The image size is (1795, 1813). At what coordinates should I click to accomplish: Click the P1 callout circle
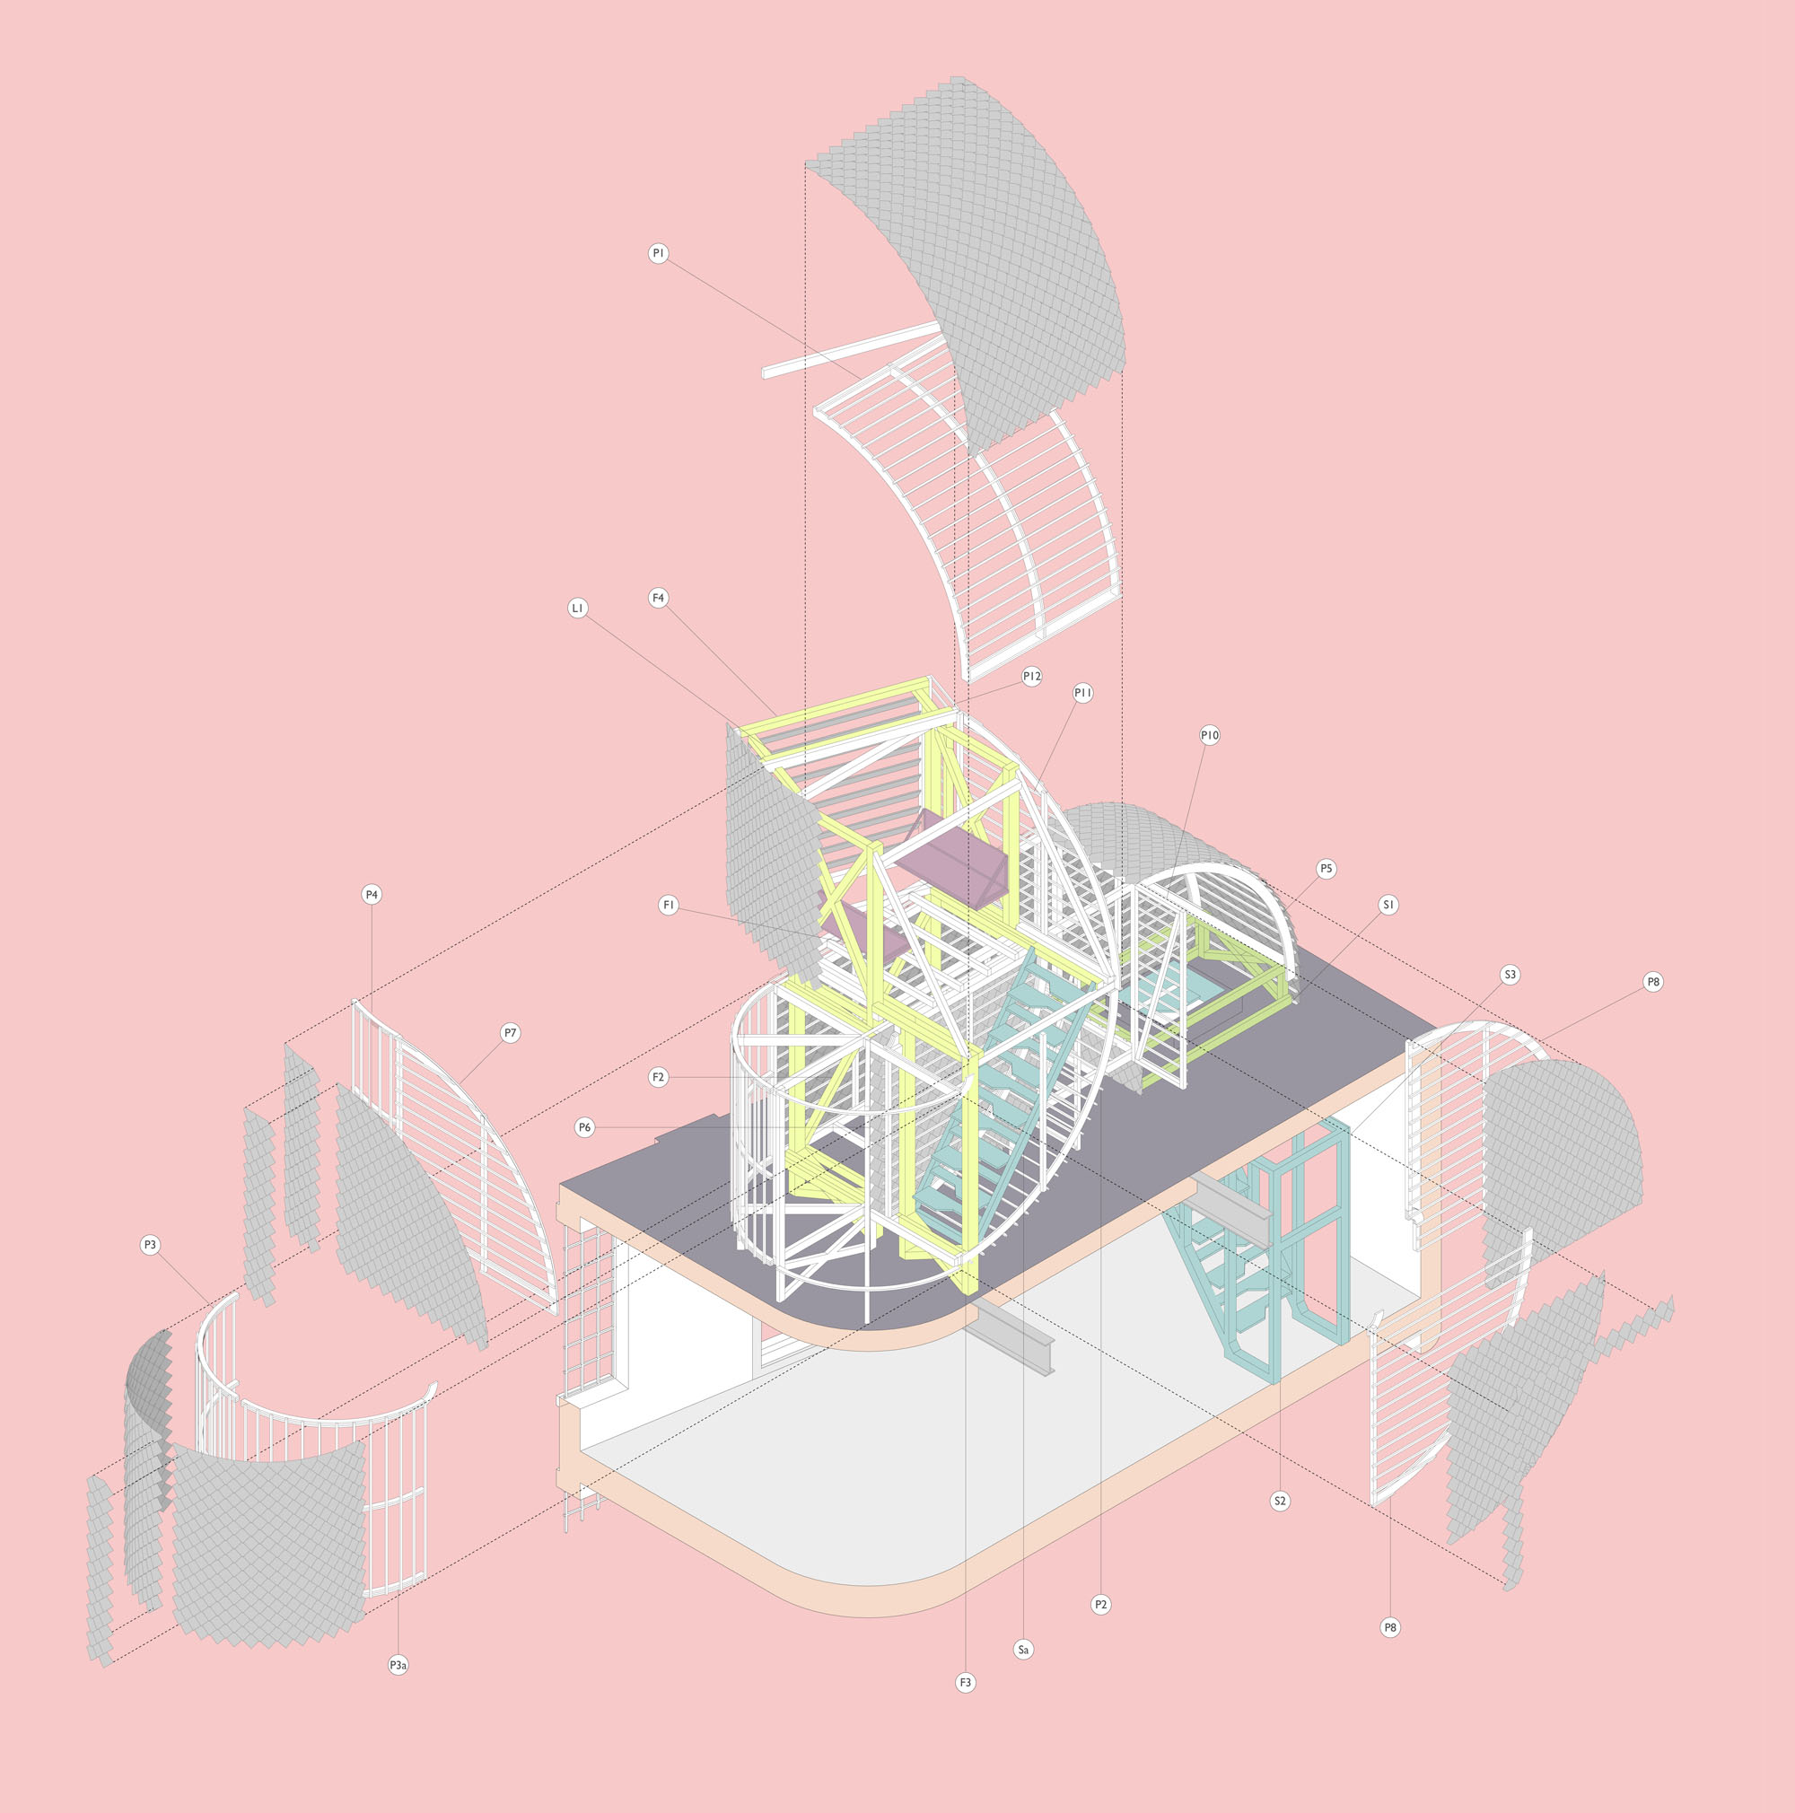(659, 253)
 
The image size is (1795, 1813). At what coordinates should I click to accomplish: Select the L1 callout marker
(578, 609)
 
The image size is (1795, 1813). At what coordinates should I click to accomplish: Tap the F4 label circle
(659, 598)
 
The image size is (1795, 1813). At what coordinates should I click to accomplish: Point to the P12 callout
(1032, 677)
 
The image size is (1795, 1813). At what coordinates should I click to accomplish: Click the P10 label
(1210, 737)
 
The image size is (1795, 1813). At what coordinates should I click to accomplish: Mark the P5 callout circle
(1326, 869)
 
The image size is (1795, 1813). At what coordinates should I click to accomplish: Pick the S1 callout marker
(1389, 905)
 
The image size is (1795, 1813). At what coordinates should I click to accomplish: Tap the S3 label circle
(1510, 975)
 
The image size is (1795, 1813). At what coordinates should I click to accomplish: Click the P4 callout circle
(372, 895)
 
